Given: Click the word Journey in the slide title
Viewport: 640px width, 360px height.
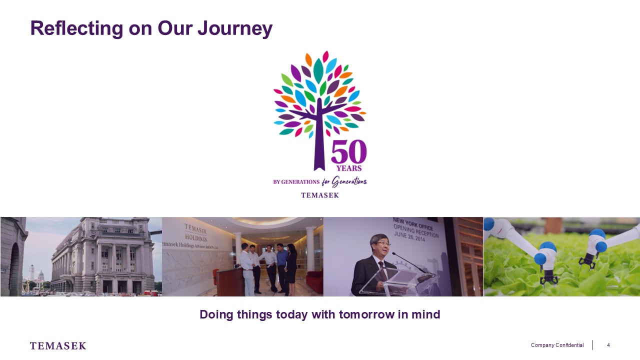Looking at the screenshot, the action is (235, 28).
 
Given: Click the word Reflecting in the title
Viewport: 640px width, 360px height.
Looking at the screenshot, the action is (76, 28).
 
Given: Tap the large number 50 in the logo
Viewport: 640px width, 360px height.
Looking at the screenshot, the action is (349, 151).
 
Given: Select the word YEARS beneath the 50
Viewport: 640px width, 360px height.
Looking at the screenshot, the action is (349, 168).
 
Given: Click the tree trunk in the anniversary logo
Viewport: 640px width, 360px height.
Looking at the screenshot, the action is (319, 140).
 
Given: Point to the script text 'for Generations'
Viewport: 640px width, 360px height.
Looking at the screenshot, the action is (344, 181).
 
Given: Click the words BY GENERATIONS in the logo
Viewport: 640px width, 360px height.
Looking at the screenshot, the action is (296, 182).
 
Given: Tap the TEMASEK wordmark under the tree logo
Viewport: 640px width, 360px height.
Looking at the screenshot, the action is (320, 195).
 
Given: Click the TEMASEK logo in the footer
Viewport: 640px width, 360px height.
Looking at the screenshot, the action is (58, 345).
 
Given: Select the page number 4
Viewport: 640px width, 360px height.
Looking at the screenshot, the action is (608, 345).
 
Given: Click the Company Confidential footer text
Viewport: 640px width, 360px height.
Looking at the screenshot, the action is (557, 345).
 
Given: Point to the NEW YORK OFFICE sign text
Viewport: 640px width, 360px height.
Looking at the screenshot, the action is (413, 223).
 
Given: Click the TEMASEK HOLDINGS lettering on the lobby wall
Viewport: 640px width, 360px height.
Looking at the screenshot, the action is (195, 233).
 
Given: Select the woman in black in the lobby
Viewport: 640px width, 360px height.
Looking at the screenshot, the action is (291, 268).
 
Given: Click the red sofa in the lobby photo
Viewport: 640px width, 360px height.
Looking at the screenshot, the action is (315, 281).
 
